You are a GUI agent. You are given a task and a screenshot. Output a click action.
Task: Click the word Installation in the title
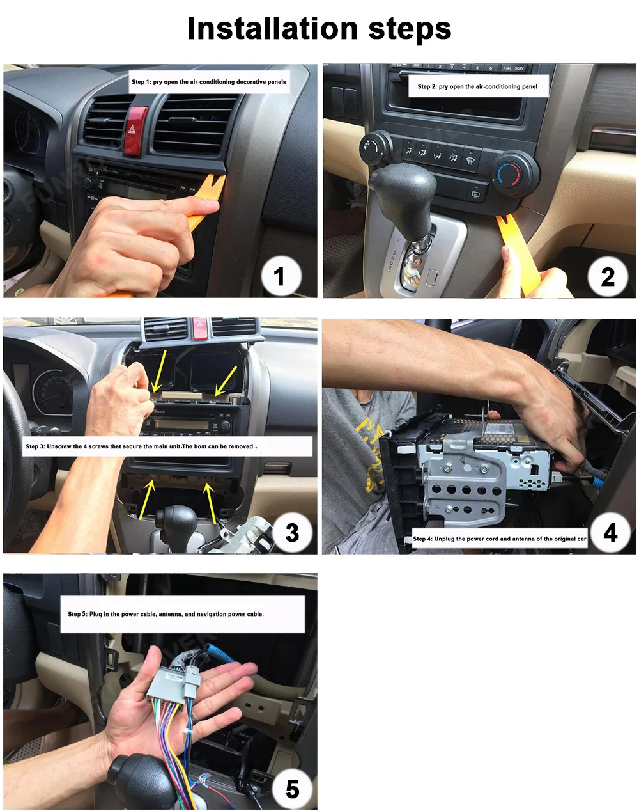[272, 29]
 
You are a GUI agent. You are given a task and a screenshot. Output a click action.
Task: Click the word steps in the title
[410, 31]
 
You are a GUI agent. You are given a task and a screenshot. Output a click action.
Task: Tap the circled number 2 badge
[608, 276]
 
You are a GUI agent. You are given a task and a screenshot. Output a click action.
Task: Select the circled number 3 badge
[292, 533]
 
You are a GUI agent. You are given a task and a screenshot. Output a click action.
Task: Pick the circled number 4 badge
[610, 533]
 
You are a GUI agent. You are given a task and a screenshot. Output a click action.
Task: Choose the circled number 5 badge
[292, 789]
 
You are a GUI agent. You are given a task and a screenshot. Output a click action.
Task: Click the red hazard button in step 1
[135, 130]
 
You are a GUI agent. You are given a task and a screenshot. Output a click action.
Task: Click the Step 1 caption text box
[209, 82]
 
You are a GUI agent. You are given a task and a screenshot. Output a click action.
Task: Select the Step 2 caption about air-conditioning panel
[477, 86]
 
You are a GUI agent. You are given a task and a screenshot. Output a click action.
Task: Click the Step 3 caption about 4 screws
[167, 446]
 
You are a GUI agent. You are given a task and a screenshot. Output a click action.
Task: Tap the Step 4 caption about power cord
[499, 539]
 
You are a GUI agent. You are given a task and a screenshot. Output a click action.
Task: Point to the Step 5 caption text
[183, 614]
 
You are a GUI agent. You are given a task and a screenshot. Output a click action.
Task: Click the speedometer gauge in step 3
[52, 394]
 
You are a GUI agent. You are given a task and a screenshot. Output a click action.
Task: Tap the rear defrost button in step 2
[475, 194]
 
